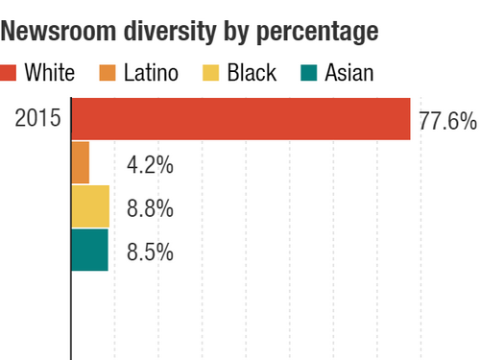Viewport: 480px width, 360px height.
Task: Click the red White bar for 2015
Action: point(241,119)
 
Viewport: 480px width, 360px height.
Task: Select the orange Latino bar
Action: point(81,162)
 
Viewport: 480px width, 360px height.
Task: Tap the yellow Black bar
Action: point(90,206)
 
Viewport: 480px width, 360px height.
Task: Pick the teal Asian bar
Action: point(89,251)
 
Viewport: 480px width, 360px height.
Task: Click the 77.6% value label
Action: point(447,122)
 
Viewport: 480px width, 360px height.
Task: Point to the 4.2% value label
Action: point(150,164)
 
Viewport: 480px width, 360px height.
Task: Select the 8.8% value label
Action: point(150,208)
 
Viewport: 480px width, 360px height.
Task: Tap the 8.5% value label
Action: point(150,252)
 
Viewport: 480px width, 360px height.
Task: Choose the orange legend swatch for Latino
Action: point(109,72)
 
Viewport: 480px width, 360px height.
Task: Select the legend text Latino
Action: point(152,72)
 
